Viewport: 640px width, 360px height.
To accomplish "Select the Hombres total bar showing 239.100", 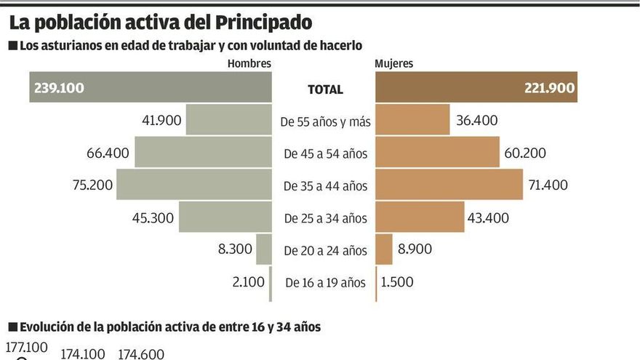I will (151, 88).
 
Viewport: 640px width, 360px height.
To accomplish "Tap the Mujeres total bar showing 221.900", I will (476, 88).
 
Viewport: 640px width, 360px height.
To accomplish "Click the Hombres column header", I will (249, 63).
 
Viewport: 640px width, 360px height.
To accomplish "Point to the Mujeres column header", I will (393, 63).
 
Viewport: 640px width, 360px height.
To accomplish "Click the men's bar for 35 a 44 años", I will (194, 185).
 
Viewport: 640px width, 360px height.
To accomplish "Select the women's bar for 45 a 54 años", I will (437, 152).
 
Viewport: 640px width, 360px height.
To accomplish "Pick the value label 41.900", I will (161, 120).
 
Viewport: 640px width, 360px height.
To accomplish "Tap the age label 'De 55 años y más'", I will (325, 121).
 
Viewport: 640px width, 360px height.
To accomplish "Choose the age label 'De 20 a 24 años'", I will (325, 251).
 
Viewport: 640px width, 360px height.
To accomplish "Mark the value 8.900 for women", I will (415, 249).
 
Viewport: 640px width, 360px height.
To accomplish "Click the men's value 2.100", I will (249, 281).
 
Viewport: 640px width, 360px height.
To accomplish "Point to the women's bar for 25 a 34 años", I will (420, 217).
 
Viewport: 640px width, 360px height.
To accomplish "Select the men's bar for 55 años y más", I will (229, 120).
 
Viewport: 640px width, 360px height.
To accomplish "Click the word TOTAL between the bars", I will (325, 89).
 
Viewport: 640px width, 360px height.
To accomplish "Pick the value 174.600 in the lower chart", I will (141, 353).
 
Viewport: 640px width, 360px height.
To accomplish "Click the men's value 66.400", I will (108, 153).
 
